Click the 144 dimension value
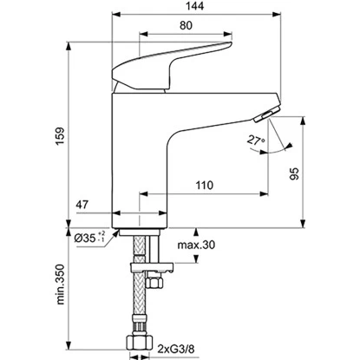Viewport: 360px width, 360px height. tap(194, 6)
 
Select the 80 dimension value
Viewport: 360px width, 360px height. tap(186, 25)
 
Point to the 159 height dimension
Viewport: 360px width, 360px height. tap(60, 136)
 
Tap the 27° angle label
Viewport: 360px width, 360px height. tap(256, 141)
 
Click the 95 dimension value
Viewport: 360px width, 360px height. tap(294, 173)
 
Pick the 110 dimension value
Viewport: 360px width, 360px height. tap(205, 185)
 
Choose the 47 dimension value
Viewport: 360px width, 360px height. tap(82, 205)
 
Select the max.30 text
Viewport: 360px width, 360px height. tap(196, 245)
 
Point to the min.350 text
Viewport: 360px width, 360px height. tap(60, 284)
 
